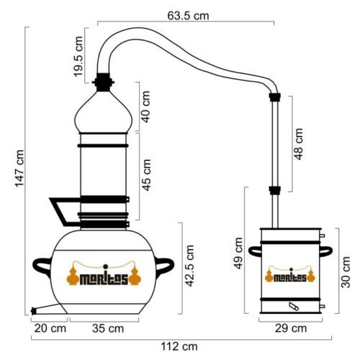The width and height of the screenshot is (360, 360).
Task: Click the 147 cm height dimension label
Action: click(19, 168)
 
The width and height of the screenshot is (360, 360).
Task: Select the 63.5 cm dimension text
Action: click(188, 16)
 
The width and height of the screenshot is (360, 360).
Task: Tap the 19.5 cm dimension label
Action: click(78, 57)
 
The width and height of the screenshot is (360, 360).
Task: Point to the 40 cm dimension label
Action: click(145, 107)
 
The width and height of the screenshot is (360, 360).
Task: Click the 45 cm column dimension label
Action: click(147, 175)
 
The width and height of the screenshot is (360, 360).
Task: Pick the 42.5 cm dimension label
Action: click(189, 266)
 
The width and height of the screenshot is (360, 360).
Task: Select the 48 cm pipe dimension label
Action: click(299, 144)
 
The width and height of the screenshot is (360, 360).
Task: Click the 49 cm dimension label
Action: click(238, 253)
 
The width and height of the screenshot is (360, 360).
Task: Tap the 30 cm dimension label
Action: click(346, 272)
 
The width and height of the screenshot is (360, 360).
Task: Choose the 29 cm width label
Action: click(291, 328)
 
